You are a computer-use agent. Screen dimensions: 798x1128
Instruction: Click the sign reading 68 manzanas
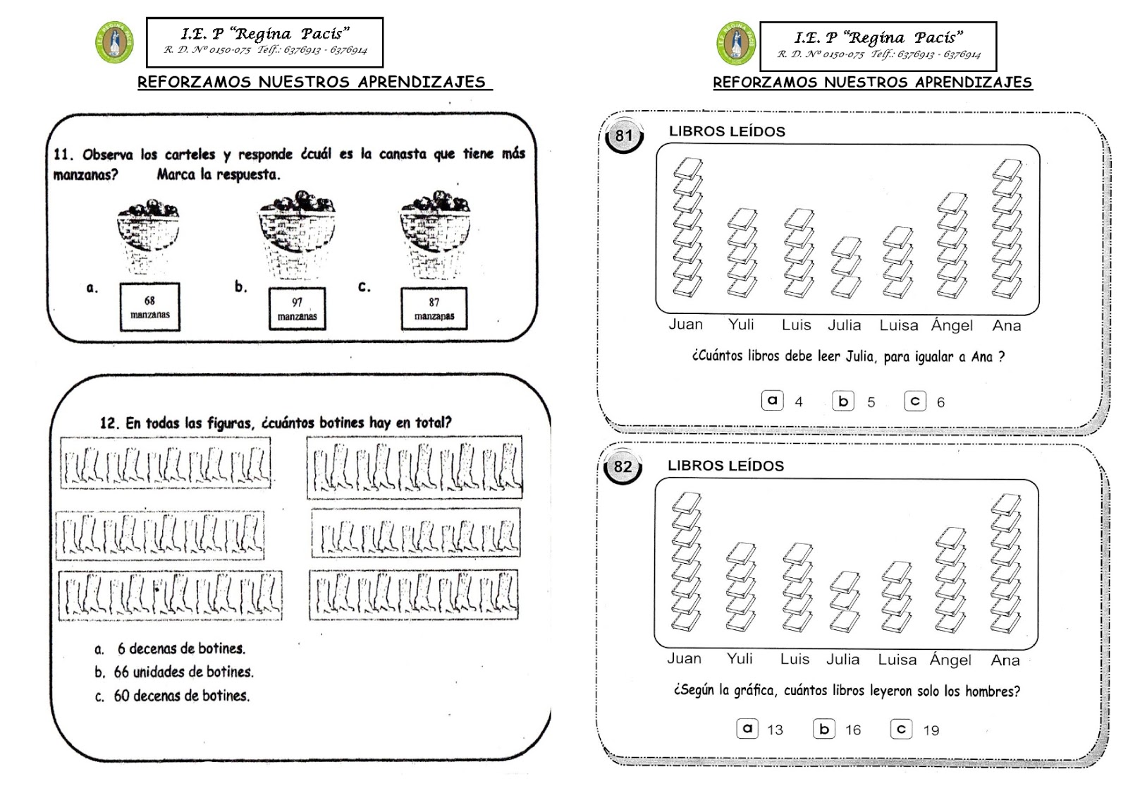[149, 307]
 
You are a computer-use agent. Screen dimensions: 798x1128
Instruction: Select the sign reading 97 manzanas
[297, 308]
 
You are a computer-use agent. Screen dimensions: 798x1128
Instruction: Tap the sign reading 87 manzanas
[434, 308]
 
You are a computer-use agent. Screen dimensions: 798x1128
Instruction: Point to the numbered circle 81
[624, 135]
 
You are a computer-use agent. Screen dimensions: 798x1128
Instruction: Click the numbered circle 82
[623, 467]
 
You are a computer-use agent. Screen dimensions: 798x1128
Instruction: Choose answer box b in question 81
[843, 401]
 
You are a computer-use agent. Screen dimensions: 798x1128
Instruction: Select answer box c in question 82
[901, 729]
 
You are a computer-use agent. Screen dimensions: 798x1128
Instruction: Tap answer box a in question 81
[773, 400]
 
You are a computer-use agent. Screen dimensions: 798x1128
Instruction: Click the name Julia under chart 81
[844, 325]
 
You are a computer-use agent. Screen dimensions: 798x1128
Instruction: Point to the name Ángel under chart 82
[950, 660]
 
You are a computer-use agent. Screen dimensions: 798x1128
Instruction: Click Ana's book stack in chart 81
[1006, 229]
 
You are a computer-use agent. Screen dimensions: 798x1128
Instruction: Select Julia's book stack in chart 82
[845, 601]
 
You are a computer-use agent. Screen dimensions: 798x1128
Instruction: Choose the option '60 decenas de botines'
[181, 696]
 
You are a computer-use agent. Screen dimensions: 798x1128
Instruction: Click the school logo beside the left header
[114, 42]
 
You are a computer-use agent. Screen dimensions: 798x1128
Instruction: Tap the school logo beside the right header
[736, 43]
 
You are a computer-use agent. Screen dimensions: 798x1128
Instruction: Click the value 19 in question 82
[931, 730]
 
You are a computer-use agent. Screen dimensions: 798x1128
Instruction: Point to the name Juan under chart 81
[685, 325]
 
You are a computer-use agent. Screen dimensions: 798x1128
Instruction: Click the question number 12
[109, 423]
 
